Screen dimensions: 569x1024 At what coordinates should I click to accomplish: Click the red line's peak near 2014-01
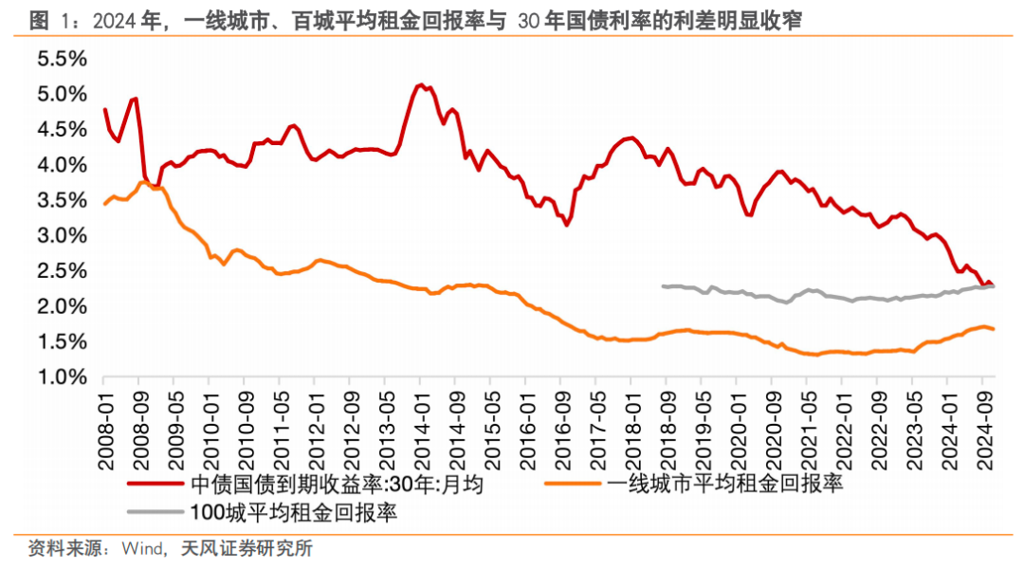(x=419, y=84)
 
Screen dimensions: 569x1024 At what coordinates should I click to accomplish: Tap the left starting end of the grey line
(x=663, y=285)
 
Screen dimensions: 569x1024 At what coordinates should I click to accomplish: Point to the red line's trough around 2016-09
(x=566, y=225)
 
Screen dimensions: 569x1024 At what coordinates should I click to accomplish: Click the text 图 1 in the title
(x=48, y=21)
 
